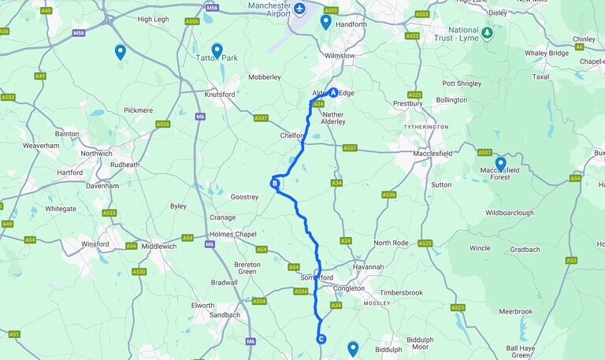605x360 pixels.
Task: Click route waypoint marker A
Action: pos(333,92)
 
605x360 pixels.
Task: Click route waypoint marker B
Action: pos(275,184)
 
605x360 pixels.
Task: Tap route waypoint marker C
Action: pos(321,340)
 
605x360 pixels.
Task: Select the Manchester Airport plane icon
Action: pos(299,9)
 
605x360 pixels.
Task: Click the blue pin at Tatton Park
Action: pos(217,50)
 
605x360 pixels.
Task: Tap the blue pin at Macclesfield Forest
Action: pos(500,164)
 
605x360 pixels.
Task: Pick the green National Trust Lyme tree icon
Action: pos(488,33)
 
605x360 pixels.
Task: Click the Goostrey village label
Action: pos(244,197)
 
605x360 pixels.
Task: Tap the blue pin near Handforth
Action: pos(325,21)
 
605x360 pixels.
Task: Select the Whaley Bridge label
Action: pos(547,53)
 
